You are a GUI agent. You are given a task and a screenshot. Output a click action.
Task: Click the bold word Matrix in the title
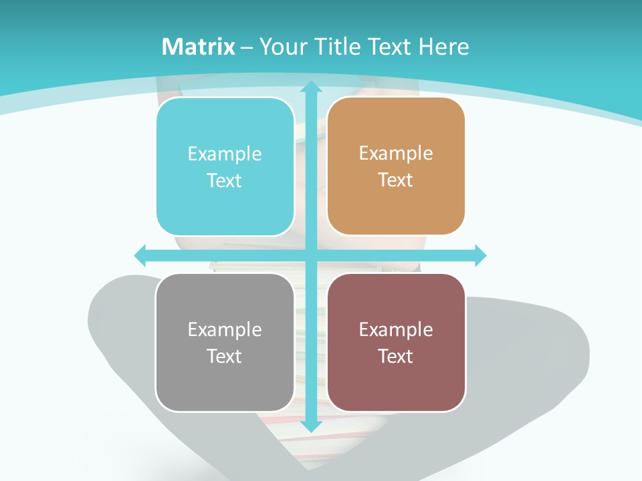(198, 47)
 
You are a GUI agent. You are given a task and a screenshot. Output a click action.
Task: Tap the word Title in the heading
(340, 47)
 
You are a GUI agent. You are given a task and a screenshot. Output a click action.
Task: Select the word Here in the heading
(443, 47)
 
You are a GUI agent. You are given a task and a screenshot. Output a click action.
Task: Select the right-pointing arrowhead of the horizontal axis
(479, 255)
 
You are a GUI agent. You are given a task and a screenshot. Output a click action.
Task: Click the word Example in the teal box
(225, 154)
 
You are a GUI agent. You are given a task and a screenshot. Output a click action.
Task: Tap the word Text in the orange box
(396, 180)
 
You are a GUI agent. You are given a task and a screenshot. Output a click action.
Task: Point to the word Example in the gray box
(225, 329)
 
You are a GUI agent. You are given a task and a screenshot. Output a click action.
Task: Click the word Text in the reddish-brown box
(396, 356)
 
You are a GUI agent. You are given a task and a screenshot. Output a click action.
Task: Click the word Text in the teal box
(225, 180)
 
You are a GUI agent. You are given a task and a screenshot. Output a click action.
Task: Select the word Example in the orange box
(396, 154)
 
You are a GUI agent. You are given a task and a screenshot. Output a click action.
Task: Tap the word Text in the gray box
(225, 356)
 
